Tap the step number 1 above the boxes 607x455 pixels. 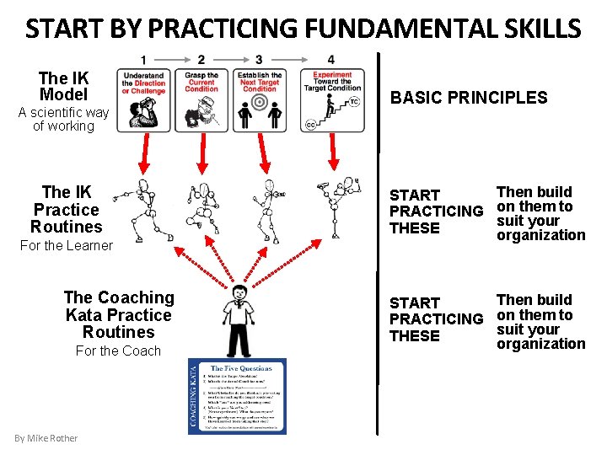point(144,60)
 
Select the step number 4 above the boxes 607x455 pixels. point(331,60)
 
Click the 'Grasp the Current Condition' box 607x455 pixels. point(201,99)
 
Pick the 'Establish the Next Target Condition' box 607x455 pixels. point(260,99)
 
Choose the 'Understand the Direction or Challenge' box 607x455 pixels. point(143,99)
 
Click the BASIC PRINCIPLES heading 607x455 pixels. point(468,98)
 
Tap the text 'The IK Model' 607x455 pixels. point(64,86)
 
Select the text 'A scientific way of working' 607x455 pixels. point(63,119)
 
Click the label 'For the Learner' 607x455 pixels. point(66,245)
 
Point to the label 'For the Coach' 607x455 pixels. point(118,351)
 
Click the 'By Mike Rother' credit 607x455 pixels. point(46,438)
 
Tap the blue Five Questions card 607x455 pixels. point(237,396)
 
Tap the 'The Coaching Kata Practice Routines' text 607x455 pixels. point(118,315)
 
